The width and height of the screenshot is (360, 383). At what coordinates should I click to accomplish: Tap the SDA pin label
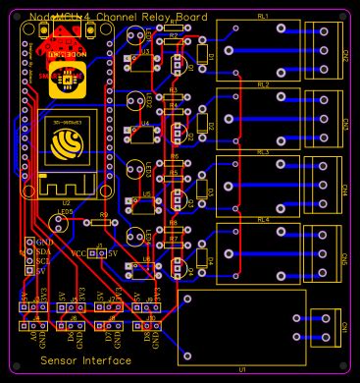[x=43, y=249]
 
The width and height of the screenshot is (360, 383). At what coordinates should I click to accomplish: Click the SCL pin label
[x=43, y=258]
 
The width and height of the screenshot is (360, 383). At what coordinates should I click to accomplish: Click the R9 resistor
[x=104, y=223]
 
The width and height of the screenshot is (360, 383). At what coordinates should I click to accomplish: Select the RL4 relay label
[x=263, y=220]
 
